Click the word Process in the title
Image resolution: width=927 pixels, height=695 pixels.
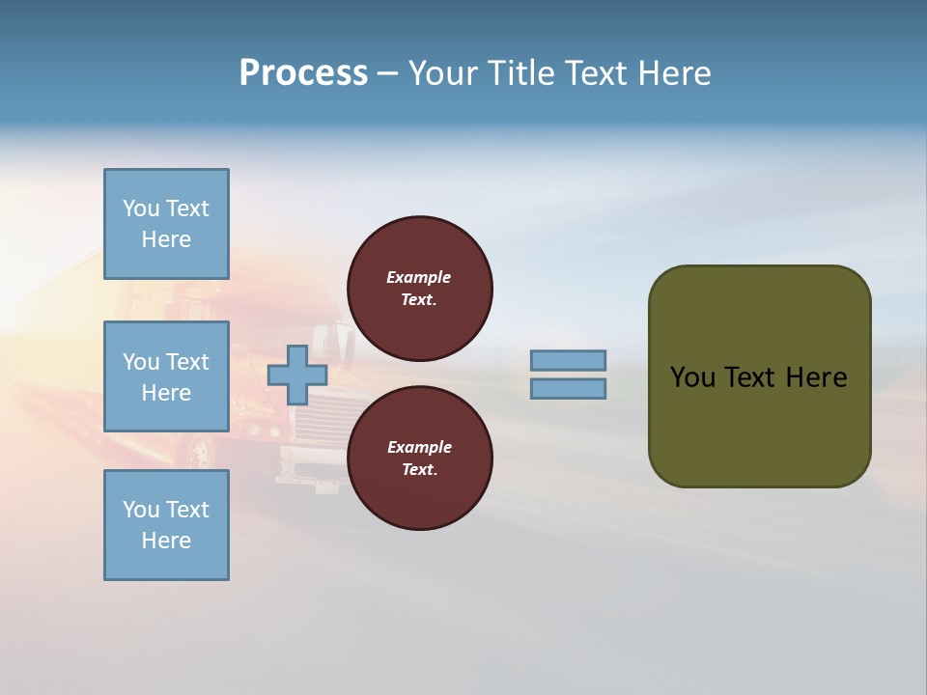tap(303, 73)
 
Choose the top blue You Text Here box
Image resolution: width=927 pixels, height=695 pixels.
tap(166, 224)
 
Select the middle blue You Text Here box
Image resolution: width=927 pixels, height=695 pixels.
tap(166, 376)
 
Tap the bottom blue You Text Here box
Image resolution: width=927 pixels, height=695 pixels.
tap(166, 525)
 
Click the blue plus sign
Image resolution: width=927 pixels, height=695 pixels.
tap(296, 375)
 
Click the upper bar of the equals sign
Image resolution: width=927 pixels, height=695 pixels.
tap(568, 361)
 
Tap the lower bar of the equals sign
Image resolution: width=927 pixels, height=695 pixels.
tap(568, 389)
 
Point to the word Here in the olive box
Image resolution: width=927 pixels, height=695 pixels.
tap(816, 377)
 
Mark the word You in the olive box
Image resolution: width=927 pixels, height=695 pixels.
tap(691, 377)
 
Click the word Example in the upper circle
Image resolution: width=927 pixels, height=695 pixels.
tap(419, 277)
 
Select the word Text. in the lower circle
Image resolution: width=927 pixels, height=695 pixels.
tap(419, 469)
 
